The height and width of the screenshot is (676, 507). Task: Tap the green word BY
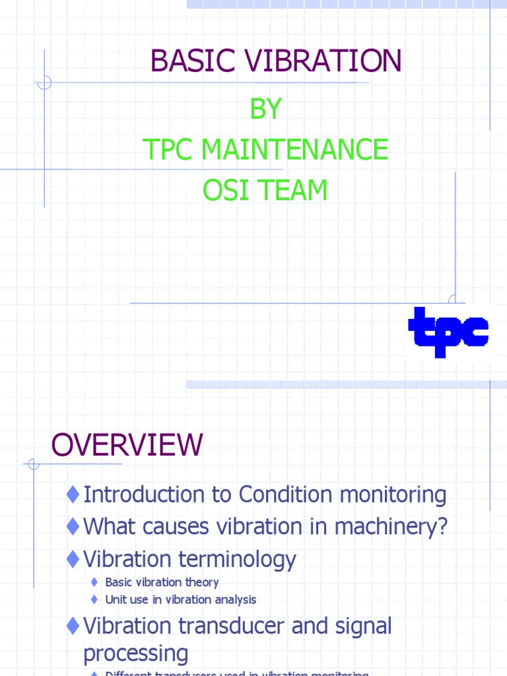[x=265, y=110]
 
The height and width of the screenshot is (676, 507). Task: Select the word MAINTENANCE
[x=294, y=150]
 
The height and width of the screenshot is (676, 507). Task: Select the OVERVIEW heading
[x=127, y=445]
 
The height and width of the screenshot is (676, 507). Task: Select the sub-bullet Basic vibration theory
[x=162, y=582]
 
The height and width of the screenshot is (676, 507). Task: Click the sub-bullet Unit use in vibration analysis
[x=180, y=599]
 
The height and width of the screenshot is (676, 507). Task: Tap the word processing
[x=135, y=654]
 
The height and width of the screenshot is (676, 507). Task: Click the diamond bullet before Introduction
[x=73, y=494]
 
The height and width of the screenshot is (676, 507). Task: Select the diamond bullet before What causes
[x=73, y=527]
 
